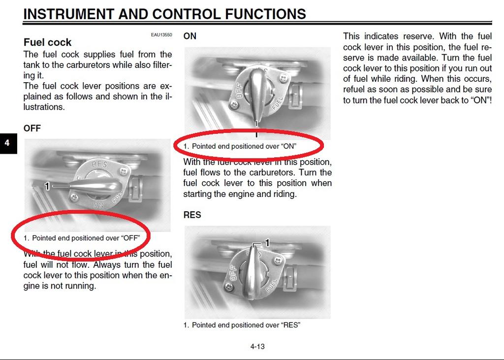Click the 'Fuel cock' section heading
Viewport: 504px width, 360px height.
pos(47,42)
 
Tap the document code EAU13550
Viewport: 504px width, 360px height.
pos(161,35)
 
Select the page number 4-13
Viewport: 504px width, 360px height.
pos(257,346)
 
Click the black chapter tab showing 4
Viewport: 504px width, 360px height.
pos(7,143)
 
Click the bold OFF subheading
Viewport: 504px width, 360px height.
pos(32,128)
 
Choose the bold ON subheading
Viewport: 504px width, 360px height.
pos(189,36)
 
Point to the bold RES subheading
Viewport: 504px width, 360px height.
pos(192,215)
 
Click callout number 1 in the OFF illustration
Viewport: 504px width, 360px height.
pos(47,186)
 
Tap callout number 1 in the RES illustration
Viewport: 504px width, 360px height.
pos(267,242)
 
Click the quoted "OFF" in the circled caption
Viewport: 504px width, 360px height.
pos(130,238)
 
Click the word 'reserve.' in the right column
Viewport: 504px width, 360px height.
pos(419,36)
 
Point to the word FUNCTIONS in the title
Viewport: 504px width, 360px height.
pos(265,14)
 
